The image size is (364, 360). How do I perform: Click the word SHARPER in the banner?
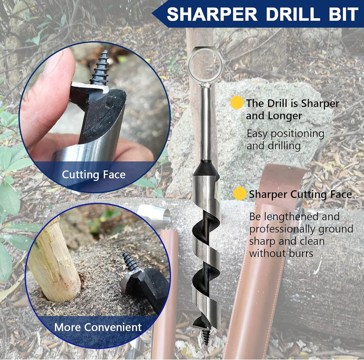tap(212, 14)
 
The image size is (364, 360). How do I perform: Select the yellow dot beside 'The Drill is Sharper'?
tap(237, 102)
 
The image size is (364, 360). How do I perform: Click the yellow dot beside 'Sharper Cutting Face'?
tap(240, 193)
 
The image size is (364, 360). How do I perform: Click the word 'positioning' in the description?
tap(298, 134)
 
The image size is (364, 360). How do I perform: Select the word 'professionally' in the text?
tap(282, 229)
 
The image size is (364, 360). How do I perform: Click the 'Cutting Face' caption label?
tap(94, 174)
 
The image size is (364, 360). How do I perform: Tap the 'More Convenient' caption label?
tap(98, 327)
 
